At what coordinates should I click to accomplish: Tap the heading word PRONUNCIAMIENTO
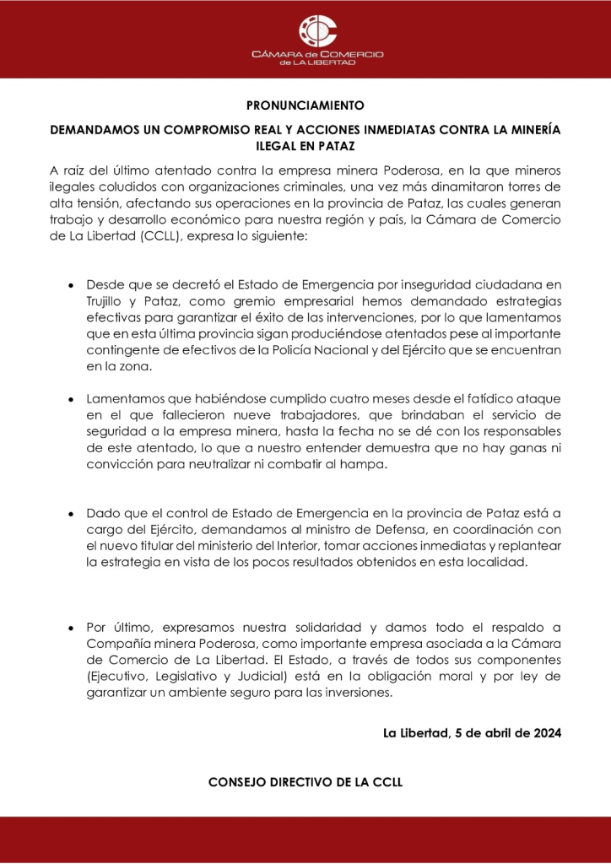(x=305, y=106)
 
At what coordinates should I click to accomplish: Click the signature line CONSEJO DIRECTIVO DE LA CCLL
(x=305, y=782)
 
